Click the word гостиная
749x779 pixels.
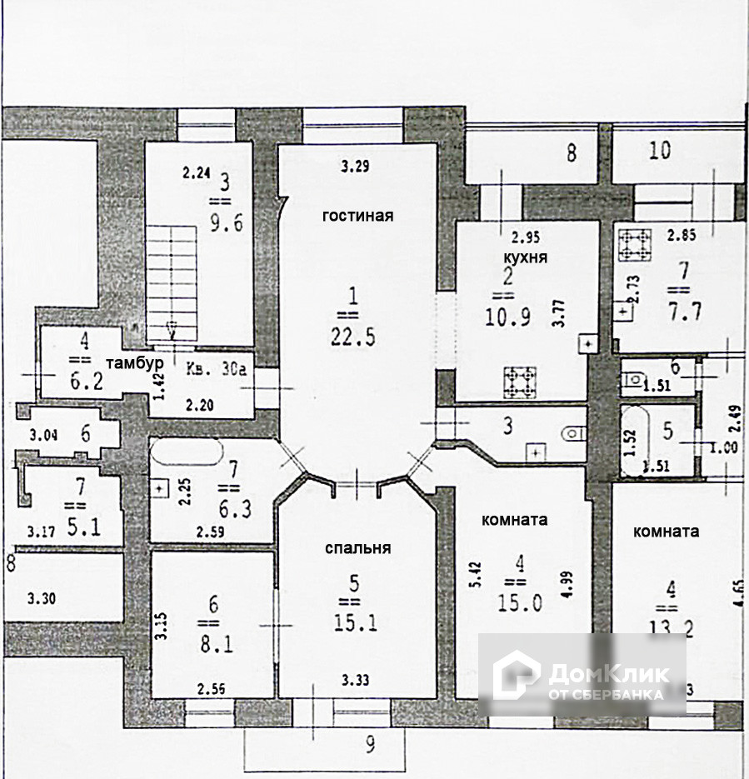click(357, 216)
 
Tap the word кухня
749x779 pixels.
click(525, 257)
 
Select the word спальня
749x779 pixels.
click(357, 548)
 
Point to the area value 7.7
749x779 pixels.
click(679, 313)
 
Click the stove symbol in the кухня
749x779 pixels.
click(520, 382)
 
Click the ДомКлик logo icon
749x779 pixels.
click(516, 674)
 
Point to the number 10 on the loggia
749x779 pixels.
click(660, 152)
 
